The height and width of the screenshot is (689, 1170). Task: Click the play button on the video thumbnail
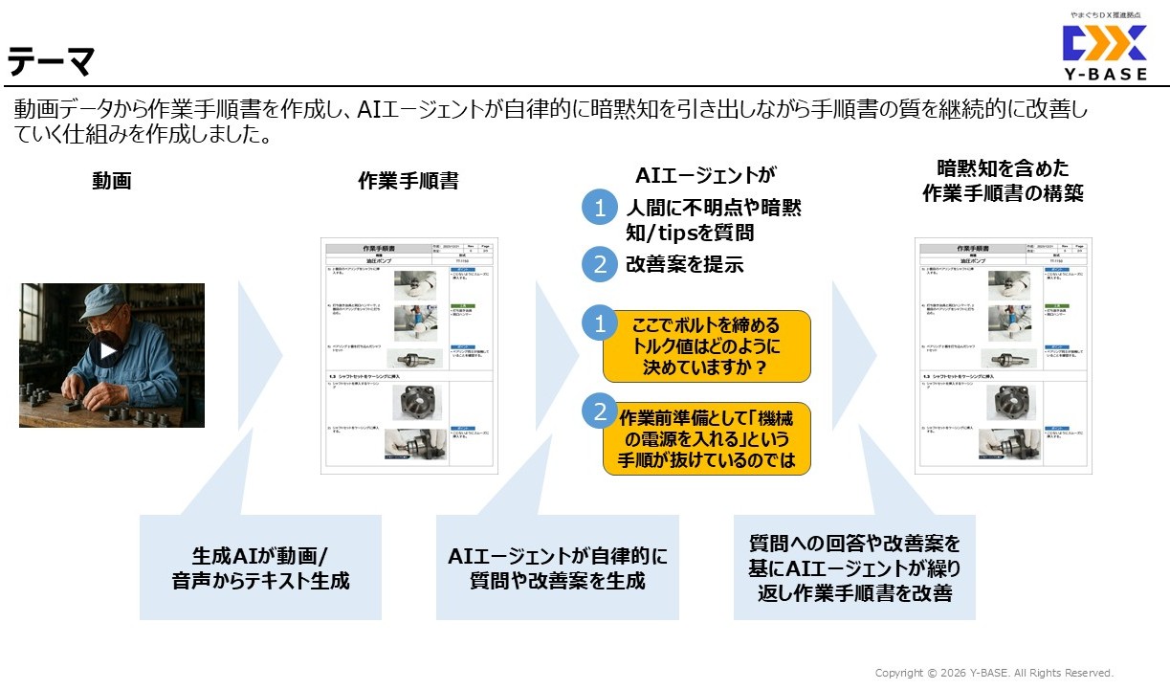click(x=108, y=351)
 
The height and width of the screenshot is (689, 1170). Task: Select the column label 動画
click(x=111, y=180)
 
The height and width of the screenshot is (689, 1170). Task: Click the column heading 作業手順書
click(x=408, y=180)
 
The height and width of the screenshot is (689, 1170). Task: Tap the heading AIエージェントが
click(x=705, y=174)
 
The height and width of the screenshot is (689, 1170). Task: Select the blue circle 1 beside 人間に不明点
click(x=600, y=209)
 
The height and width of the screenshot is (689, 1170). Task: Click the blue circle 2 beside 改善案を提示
click(x=600, y=264)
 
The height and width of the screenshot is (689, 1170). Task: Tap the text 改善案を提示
click(x=684, y=265)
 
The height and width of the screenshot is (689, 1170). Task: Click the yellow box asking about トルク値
click(x=707, y=345)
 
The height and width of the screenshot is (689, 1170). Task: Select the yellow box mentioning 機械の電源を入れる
click(x=707, y=438)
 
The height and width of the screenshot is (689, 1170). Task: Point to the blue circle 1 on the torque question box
click(x=600, y=324)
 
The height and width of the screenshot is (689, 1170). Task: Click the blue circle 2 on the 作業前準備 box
click(x=600, y=412)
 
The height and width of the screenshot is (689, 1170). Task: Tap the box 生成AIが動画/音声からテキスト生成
click(x=260, y=567)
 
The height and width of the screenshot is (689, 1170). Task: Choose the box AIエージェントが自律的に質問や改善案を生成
click(x=558, y=567)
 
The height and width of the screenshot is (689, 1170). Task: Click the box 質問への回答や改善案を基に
click(x=854, y=567)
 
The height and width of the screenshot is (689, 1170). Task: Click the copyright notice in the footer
click(x=994, y=673)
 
